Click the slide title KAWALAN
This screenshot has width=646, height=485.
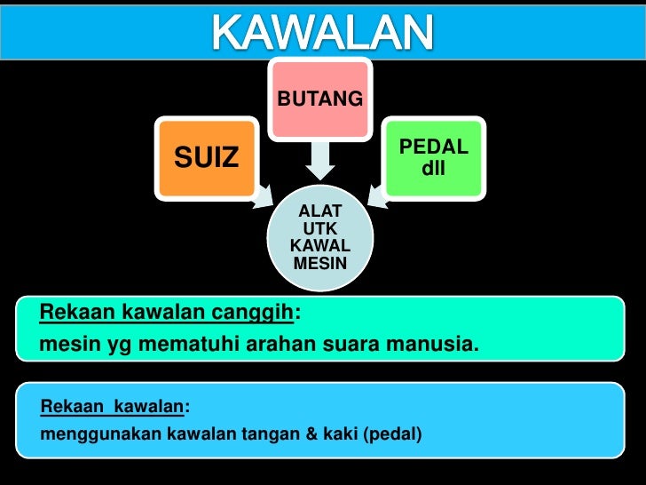pyautogui.click(x=322, y=34)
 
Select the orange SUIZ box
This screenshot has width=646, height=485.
pyautogui.click(x=206, y=158)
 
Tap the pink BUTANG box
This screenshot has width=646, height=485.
pyautogui.click(x=320, y=99)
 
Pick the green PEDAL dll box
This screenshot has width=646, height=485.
pyautogui.click(x=433, y=156)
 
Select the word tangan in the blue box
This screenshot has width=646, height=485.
pyautogui.click(x=252, y=435)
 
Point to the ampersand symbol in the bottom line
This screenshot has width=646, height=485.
pyautogui.click(x=289, y=435)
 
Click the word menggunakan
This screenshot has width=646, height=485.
pyautogui.click(x=85, y=435)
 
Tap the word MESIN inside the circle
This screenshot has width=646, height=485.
pyautogui.click(x=320, y=263)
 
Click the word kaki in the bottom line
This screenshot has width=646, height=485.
pyautogui.click(x=318, y=435)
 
